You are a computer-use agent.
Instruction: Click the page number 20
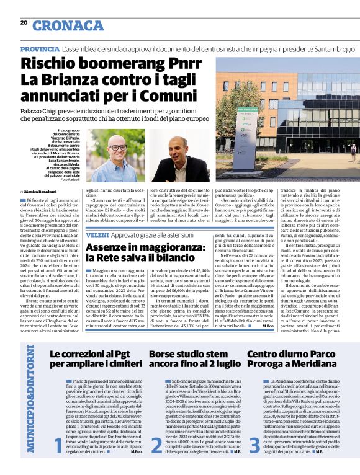[x=24, y=23]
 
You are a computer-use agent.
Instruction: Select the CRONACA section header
[x=68, y=25]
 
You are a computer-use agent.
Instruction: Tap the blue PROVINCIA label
[x=40, y=49]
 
